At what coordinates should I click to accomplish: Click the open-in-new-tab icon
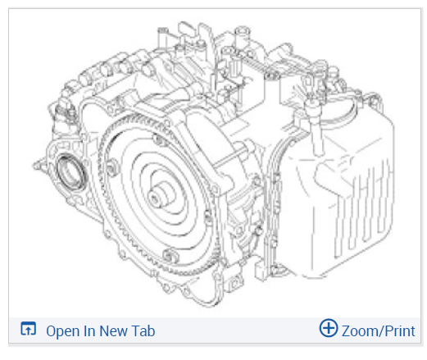pos(29,328)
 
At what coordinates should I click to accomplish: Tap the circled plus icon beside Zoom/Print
pos(329,327)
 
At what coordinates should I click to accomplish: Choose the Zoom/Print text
pos(379,331)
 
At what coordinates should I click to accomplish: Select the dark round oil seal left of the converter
pos(71,173)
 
